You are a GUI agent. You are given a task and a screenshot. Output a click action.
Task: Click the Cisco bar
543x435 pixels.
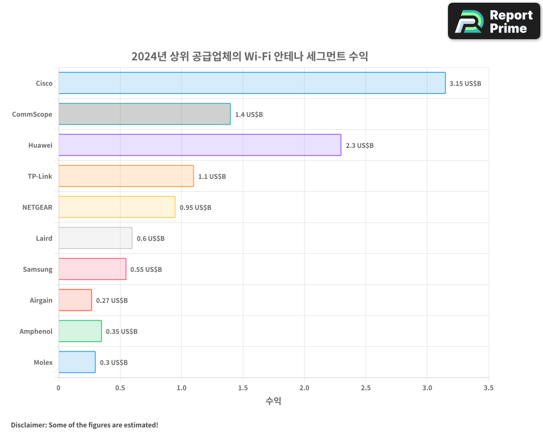tap(252, 83)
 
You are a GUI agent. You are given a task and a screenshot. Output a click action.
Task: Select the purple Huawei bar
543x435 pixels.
tap(200, 145)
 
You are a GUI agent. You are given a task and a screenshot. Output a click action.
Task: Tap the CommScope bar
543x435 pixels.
tap(144, 114)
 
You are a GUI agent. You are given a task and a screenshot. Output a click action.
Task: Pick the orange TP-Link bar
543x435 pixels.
tap(126, 176)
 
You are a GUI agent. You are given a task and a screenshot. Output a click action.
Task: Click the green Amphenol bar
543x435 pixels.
tap(80, 331)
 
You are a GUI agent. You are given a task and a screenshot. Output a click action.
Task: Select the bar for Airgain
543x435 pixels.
tap(75, 300)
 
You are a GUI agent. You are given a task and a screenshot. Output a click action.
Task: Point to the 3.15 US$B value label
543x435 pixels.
tap(465, 84)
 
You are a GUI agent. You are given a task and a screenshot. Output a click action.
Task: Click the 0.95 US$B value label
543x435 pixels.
tap(195, 208)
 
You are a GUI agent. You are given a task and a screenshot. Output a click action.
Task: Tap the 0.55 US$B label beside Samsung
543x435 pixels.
tap(146, 270)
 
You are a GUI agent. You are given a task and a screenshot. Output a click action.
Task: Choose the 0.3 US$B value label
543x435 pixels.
tap(113, 363)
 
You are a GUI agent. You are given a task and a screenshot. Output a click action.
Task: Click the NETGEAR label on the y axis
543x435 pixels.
tap(37, 207)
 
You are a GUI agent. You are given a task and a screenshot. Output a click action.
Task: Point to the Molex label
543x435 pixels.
tap(43, 362)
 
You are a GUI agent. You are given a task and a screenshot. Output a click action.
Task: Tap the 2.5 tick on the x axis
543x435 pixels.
tap(366, 388)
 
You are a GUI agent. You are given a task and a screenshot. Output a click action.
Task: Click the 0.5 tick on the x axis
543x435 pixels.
tap(120, 388)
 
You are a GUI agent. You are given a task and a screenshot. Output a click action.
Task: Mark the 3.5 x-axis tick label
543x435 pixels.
tap(489, 388)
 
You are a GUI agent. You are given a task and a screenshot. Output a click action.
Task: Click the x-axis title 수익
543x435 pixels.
tap(273, 401)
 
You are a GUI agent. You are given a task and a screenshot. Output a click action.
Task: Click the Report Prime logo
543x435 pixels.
tap(494, 21)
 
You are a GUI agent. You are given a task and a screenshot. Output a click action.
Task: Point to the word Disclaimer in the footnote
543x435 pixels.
tap(28, 425)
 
